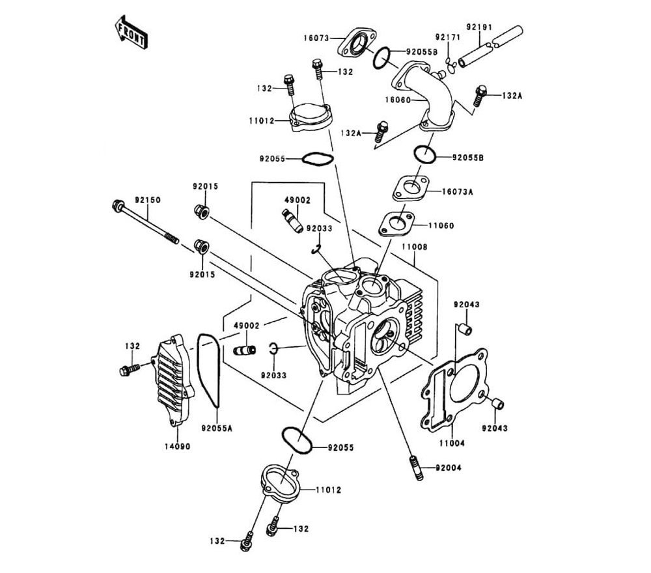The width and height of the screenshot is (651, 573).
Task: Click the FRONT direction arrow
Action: pos(130,32)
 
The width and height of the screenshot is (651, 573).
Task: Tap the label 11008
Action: pos(414,248)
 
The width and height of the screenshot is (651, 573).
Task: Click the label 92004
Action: pos(449,468)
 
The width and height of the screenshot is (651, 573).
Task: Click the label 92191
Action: pos(479,27)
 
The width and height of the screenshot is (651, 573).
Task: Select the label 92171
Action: pos(448,37)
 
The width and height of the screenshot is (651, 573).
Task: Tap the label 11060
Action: pos(441,225)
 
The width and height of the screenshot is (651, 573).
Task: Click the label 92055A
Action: pos(216,428)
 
